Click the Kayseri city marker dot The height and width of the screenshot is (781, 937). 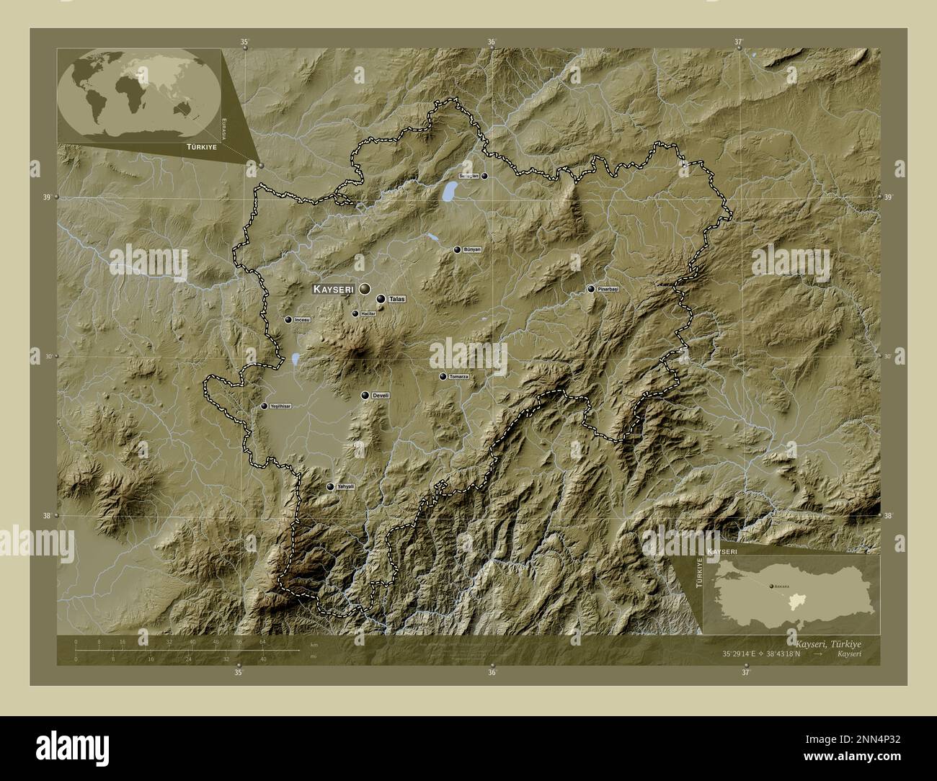(x=365, y=288)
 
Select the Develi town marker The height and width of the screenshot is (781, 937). (x=365, y=396)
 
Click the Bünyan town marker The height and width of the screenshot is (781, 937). (x=457, y=250)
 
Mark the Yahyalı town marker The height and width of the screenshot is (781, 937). (x=330, y=487)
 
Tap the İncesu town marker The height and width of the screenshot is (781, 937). (x=288, y=320)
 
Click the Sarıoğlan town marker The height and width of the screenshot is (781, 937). (x=484, y=176)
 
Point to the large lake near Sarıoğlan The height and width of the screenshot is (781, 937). (x=450, y=191)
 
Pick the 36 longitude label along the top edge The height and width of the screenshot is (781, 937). (x=491, y=42)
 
